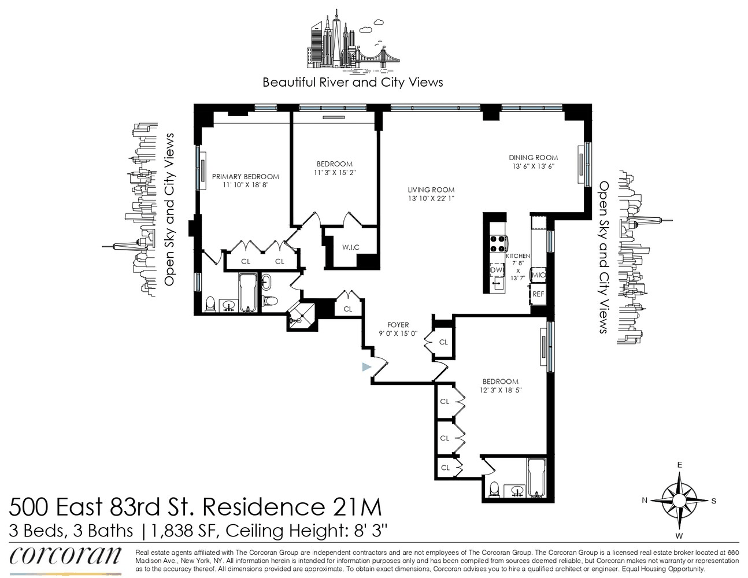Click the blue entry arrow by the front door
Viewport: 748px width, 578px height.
pos(366,367)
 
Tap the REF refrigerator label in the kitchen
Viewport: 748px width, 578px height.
pos(538,294)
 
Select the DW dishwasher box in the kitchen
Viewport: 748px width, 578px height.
pos(497,270)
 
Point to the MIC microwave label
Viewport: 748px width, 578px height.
pos(539,275)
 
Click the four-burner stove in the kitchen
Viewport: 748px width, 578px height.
pos(498,243)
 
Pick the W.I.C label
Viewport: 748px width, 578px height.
pos(351,247)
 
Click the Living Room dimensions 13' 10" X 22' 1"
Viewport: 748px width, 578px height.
pos(431,198)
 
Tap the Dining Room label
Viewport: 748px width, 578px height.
pos(534,158)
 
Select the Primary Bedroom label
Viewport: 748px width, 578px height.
pos(246,176)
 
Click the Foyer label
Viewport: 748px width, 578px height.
pos(398,324)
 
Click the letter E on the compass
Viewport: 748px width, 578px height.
pos(680,465)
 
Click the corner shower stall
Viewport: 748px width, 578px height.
pos(301,317)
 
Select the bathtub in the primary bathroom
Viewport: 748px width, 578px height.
pos(247,292)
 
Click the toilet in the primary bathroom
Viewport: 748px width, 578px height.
pos(210,304)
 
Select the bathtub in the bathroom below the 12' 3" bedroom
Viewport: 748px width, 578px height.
pos(536,478)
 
